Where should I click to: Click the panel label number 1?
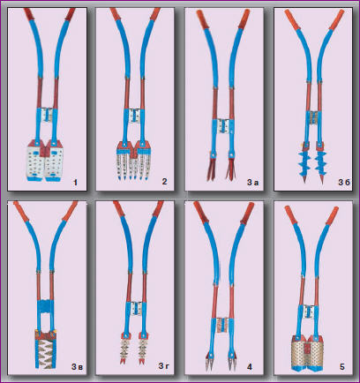tap(76, 183)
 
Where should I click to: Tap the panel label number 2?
tap(164, 181)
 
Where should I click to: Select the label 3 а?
tap(252, 183)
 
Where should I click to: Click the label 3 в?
tap(77, 367)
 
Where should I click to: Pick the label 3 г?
tap(164, 366)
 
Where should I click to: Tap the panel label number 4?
tap(250, 367)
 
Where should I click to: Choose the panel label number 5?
tap(341, 367)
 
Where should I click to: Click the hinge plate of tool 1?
tap(47, 115)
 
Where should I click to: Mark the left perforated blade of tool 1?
tap(35, 162)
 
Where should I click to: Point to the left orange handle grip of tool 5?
tap(290, 215)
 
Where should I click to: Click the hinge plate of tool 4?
tap(223, 325)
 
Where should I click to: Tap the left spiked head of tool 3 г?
tap(125, 349)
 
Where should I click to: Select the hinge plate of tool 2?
tap(135, 116)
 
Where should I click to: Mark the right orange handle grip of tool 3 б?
tap(337, 19)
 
